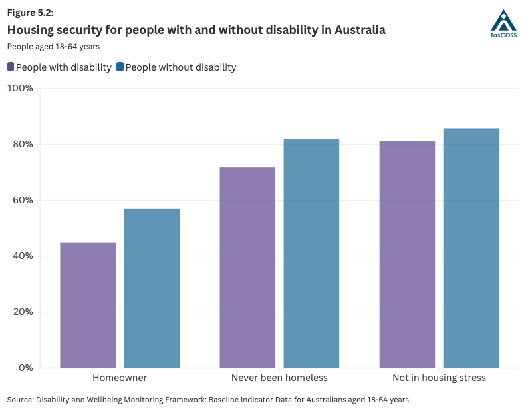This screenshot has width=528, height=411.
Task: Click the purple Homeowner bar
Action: (88, 305)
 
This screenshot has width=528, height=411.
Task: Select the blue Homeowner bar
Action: (152, 288)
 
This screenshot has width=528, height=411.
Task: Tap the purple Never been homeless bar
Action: (247, 267)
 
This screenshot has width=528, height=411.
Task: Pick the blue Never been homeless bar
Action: (311, 253)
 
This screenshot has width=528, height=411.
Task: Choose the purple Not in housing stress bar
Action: (407, 254)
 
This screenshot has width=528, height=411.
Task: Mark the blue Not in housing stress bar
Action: (471, 248)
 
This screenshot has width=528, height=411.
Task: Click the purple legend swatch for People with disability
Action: (11, 67)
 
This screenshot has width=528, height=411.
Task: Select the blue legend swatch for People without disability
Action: (120, 67)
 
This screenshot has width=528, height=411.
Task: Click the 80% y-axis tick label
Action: (22, 144)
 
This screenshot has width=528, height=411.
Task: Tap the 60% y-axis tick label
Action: (22, 200)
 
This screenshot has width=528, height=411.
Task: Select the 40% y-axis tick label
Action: (22, 256)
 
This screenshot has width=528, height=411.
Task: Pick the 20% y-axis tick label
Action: (22, 312)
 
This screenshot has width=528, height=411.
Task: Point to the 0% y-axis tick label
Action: (25, 368)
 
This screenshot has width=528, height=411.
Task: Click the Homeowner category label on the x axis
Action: (120, 378)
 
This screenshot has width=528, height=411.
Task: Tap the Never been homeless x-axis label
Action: (279, 378)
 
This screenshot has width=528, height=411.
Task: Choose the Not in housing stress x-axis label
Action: (439, 378)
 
